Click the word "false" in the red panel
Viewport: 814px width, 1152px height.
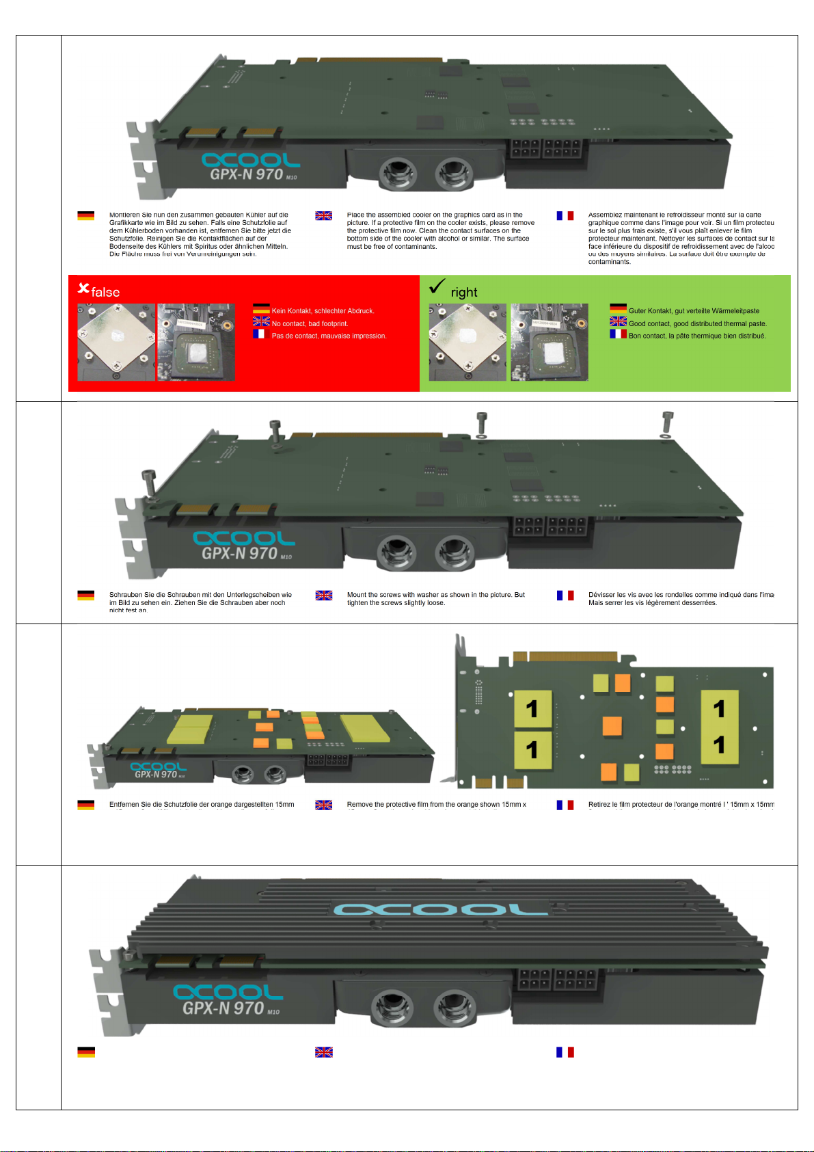[105, 293]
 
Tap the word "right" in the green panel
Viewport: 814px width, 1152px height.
[464, 293]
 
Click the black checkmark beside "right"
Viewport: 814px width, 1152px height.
[437, 286]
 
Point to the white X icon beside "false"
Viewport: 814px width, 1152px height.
[83, 289]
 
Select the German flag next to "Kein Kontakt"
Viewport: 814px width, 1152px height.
[261, 309]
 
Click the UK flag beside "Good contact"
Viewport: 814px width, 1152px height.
[618, 321]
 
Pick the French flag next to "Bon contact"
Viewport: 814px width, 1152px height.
[618, 334]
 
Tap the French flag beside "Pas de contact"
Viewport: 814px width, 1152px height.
[259, 334]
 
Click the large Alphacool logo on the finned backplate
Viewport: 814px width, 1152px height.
[440, 909]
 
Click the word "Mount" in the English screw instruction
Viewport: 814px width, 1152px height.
[357, 595]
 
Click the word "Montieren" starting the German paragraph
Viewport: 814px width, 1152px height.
[124, 215]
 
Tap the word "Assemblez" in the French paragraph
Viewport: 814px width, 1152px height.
[605, 215]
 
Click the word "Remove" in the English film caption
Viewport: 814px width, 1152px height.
[359, 805]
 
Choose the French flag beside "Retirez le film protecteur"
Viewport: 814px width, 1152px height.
[565, 805]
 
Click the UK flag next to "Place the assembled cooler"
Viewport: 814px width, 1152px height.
[323, 216]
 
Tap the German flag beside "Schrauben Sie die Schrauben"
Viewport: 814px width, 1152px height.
[85, 595]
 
